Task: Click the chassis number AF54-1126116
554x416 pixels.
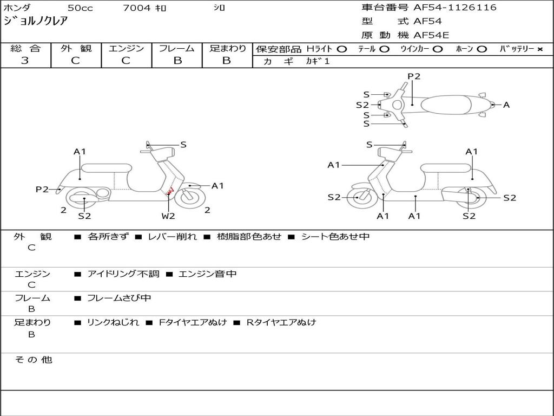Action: point(454,8)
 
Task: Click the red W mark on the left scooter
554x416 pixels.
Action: point(170,191)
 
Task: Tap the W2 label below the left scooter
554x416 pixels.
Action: point(168,216)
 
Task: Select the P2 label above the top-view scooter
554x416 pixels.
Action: point(414,76)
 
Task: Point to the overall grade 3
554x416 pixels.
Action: point(25,61)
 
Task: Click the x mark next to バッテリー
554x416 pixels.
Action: point(540,49)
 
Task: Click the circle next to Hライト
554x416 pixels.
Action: point(342,49)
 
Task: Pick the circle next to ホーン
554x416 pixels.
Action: point(482,49)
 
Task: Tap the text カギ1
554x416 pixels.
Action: point(318,61)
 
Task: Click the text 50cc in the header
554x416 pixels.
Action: point(80,8)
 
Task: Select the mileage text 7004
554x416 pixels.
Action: point(136,8)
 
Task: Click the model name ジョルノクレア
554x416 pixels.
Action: point(35,21)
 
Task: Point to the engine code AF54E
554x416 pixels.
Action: point(431,35)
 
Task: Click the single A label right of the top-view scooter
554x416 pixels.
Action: point(506,105)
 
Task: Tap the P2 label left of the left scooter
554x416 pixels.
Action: point(42,189)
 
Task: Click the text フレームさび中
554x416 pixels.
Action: point(119,298)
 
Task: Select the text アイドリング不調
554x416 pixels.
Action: point(123,274)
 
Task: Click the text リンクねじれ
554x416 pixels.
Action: point(113,322)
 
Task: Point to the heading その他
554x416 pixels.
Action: point(33,360)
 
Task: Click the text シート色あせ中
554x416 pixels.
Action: point(335,236)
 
